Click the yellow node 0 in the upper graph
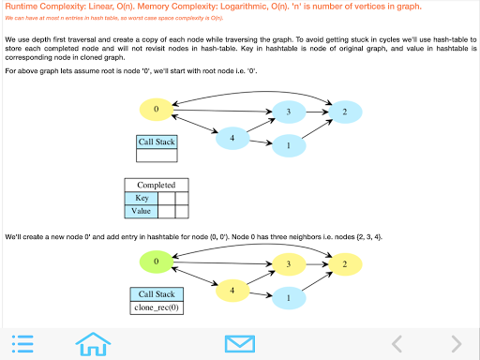(x=157, y=110)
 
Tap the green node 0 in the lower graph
(x=157, y=262)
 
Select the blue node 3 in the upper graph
(x=289, y=112)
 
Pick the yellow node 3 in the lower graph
(x=289, y=264)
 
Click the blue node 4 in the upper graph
(x=232, y=138)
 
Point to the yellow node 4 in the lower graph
(x=232, y=291)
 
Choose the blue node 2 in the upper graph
(x=345, y=112)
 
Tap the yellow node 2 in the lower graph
(x=345, y=264)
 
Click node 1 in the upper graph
(x=289, y=145)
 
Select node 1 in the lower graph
(x=289, y=298)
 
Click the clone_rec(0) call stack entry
(x=157, y=307)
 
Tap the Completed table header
(x=157, y=185)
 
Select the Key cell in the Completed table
(x=142, y=198)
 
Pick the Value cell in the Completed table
(x=142, y=211)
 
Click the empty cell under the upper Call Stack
(x=157, y=156)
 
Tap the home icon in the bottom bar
(x=93, y=344)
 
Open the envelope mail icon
(x=240, y=344)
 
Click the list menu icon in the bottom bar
(x=22, y=344)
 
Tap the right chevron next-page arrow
(x=457, y=344)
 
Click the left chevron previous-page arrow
(x=397, y=344)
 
